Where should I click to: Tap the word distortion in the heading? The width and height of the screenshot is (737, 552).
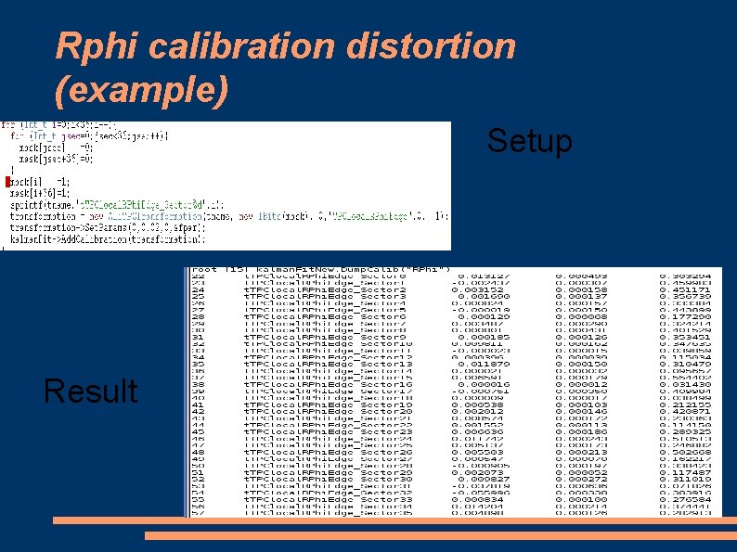439,45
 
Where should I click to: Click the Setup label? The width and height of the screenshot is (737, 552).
530,141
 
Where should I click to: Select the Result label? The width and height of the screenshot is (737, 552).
90,391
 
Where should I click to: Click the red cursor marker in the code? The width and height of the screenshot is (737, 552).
7,181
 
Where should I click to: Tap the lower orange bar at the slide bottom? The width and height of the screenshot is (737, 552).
440,536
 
